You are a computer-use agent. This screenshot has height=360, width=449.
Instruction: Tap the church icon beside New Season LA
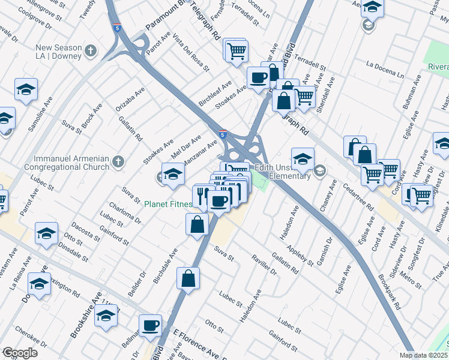91,51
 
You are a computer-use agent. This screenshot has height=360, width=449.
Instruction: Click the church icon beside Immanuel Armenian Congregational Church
119,161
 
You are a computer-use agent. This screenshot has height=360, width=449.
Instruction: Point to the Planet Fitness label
168,204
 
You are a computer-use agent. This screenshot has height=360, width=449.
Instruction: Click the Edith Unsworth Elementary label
282,172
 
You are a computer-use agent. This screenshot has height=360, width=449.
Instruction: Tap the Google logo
20,353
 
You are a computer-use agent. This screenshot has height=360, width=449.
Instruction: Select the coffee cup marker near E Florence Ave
150,325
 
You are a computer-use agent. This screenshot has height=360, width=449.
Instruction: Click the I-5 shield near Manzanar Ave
223,134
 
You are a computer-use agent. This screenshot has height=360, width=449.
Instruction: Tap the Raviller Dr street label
264,263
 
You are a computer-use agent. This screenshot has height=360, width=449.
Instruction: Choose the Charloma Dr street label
129,211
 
